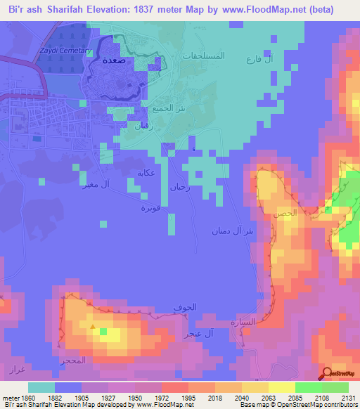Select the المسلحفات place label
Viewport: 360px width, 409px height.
click(203, 54)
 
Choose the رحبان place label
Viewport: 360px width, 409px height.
click(179, 187)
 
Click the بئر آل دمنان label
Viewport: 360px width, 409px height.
click(232, 231)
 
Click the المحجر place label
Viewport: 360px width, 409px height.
click(73, 361)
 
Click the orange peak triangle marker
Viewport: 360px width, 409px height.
click(93, 325)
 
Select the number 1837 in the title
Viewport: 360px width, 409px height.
click(158, 10)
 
